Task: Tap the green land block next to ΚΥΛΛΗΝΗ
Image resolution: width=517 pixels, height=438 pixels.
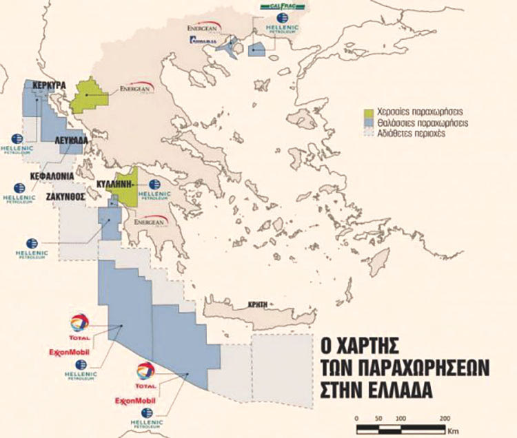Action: [127, 186]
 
